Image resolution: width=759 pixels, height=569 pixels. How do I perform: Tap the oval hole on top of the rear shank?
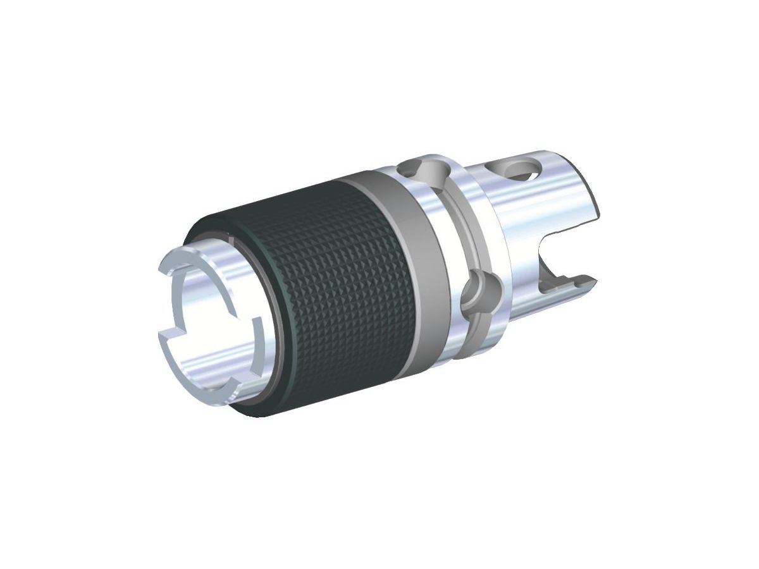point(521,169)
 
